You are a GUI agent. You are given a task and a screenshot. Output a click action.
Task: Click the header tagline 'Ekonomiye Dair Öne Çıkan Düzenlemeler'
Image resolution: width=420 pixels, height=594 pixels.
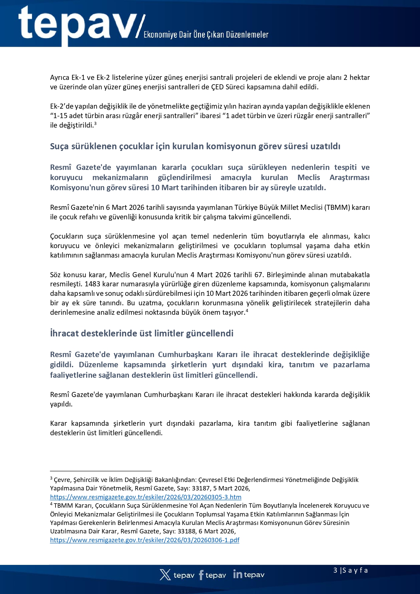point(206,35)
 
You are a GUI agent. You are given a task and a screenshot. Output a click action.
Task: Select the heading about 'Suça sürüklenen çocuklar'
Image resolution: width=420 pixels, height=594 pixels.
point(195,146)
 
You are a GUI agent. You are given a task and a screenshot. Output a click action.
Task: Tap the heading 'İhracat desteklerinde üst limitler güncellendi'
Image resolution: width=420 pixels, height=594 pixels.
point(141,333)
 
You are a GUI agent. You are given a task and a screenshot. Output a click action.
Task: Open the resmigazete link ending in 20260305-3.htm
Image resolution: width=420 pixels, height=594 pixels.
point(146,497)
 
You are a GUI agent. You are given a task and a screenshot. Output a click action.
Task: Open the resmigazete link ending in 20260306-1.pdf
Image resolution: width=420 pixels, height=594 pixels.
point(145,540)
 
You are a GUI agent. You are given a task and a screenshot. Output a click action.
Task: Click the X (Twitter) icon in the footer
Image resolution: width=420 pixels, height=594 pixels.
point(165,575)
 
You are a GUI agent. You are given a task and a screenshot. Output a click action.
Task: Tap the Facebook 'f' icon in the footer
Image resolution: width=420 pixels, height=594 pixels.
point(201,575)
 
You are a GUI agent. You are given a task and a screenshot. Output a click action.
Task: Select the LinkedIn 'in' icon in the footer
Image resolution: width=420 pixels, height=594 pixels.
point(238,574)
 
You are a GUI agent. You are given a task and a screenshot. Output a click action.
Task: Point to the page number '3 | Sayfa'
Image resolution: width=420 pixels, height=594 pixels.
point(350,570)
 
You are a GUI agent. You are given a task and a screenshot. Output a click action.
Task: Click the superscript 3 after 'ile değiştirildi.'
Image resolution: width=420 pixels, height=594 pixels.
point(95,124)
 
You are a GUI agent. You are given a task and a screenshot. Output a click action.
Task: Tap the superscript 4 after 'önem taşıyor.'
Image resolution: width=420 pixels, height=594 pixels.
point(247,310)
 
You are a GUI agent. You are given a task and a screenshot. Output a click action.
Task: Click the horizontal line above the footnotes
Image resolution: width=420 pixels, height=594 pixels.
point(101,471)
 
